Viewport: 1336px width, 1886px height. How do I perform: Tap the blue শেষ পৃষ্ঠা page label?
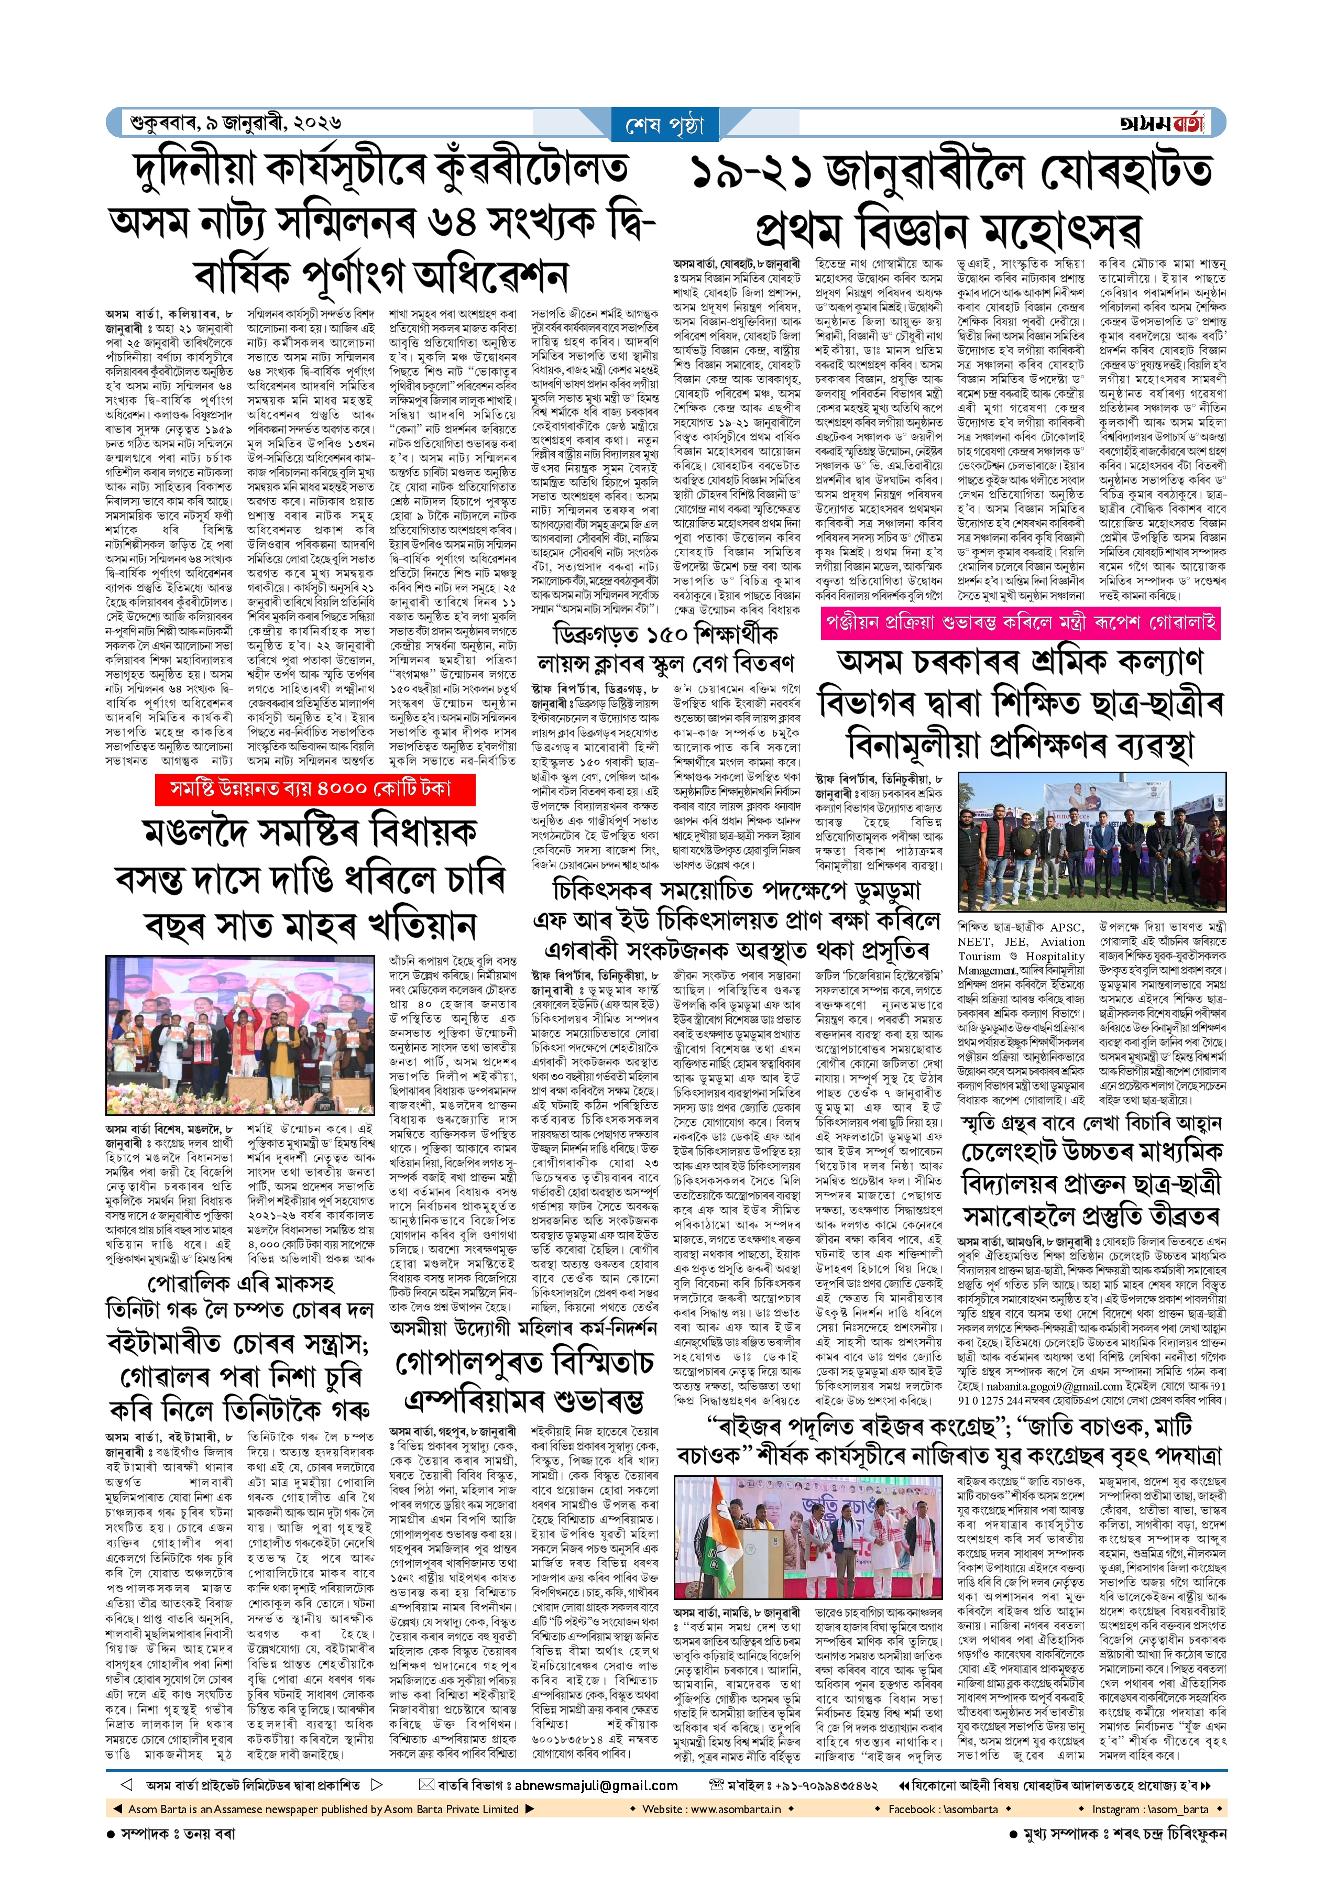(665, 126)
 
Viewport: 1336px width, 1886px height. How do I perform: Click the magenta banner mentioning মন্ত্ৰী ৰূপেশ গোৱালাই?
(1020, 622)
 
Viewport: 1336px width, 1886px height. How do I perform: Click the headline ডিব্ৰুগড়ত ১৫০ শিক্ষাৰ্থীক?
(665, 634)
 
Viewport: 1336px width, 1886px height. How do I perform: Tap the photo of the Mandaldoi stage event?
(240, 1035)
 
